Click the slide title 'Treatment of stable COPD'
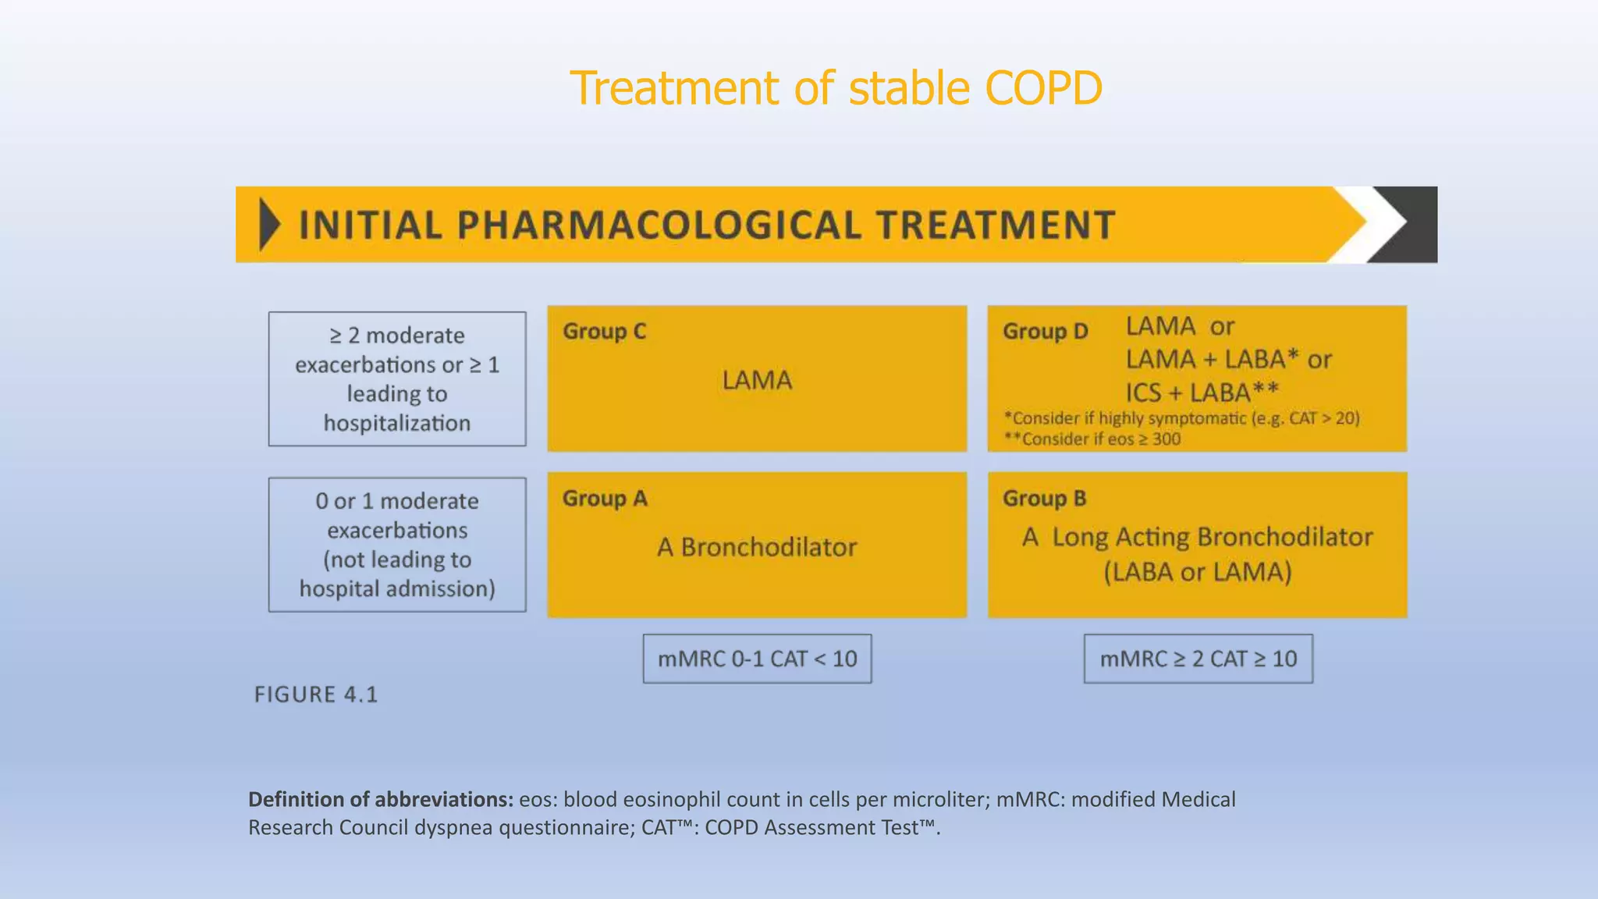point(836,87)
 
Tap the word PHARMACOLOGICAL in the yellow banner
point(659,226)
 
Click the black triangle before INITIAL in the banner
point(269,225)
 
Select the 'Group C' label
point(605,332)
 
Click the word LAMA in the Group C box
point(757,380)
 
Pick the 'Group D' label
point(1045,332)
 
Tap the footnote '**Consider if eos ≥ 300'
point(1092,439)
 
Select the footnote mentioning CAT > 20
point(1181,418)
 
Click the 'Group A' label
point(605,499)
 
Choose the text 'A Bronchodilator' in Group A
point(757,547)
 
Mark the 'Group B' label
point(1044,499)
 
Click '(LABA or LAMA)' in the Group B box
point(1198,572)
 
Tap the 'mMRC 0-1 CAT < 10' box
point(757,659)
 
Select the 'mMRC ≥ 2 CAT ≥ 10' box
point(1198,659)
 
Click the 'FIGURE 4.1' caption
point(316,695)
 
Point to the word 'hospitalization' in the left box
point(397,424)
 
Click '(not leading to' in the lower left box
point(397,560)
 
